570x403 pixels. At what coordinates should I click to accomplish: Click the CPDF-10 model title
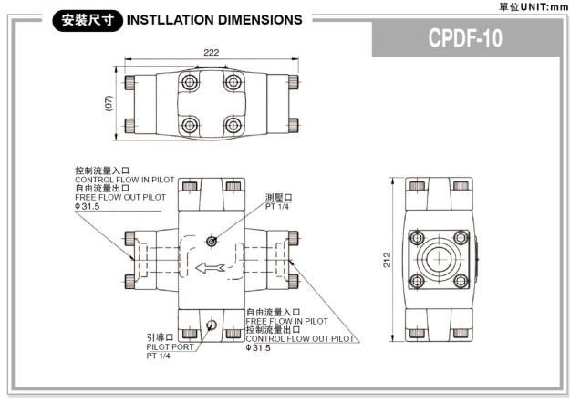click(466, 39)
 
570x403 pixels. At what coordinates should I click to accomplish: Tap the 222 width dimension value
click(212, 53)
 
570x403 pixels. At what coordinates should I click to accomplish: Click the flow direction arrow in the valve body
click(210, 268)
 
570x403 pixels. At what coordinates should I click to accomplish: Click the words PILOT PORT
click(170, 346)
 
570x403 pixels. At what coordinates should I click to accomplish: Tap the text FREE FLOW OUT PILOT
click(120, 197)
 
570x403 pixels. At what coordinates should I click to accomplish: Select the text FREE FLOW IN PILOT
click(286, 321)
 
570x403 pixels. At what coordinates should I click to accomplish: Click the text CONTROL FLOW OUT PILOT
click(299, 338)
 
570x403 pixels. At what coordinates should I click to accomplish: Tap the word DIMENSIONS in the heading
click(260, 19)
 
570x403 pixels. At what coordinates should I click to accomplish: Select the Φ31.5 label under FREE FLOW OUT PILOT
click(88, 206)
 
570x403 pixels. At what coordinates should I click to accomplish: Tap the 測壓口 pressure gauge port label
click(279, 197)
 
